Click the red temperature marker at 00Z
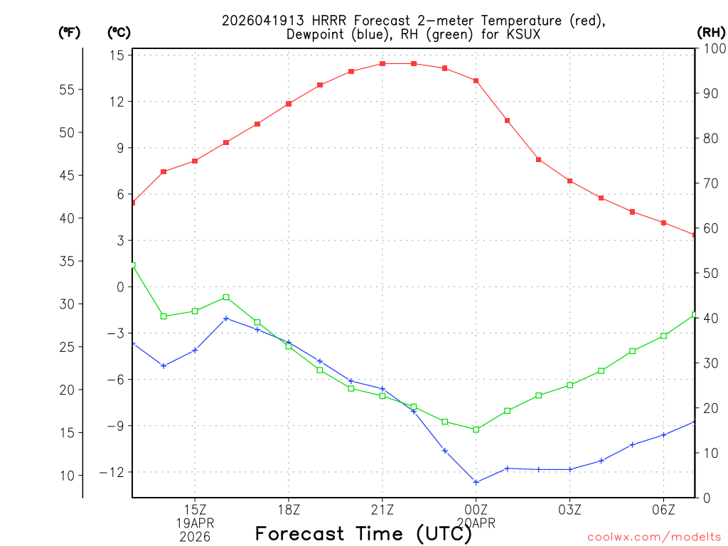[x=476, y=81]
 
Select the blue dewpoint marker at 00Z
[x=476, y=482]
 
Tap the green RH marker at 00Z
[x=476, y=429]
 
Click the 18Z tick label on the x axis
[x=289, y=510]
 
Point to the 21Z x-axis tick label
[x=382, y=510]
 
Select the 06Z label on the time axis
[x=663, y=510]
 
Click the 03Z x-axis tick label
[x=569, y=510]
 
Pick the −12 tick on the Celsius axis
[x=112, y=473]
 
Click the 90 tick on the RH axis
[x=709, y=93]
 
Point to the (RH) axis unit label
[x=711, y=32]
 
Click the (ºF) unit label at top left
[x=70, y=32]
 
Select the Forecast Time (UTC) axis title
[x=363, y=533]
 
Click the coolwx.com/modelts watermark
[x=655, y=537]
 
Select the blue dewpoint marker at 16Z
[x=226, y=318]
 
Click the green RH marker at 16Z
[x=226, y=297]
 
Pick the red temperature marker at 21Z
[x=382, y=64]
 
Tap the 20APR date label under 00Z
[x=476, y=523]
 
